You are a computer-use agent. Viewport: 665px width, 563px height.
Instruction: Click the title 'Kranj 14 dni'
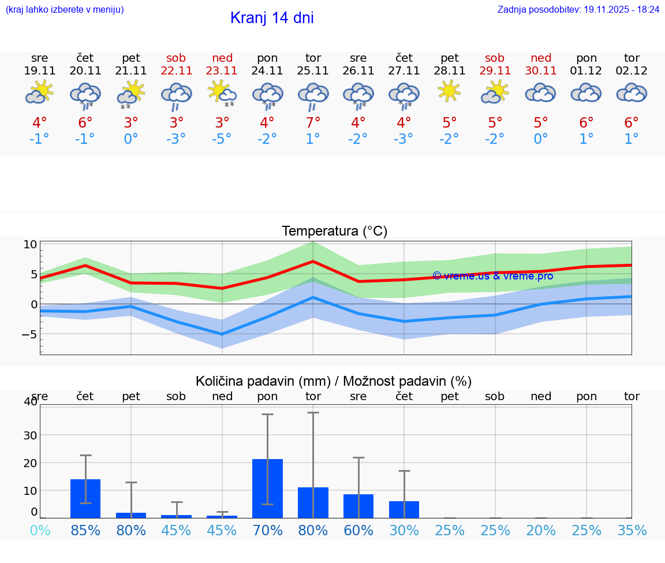272,18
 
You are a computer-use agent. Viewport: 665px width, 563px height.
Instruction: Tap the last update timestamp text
578,9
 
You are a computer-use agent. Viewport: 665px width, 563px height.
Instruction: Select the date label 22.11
176,71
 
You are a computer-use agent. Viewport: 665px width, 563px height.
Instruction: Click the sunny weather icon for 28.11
449,92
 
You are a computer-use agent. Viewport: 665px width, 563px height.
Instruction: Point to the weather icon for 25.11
313,95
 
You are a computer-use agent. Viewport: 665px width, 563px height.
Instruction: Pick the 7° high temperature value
313,123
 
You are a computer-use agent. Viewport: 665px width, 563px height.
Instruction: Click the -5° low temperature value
222,139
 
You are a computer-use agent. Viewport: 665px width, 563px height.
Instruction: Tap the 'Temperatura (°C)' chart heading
334,232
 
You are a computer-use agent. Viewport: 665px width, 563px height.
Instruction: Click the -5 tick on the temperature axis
29,334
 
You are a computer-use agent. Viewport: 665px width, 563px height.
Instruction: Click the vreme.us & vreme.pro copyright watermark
493,276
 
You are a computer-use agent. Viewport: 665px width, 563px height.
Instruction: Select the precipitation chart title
334,381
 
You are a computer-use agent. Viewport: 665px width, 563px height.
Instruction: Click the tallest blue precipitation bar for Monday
267,489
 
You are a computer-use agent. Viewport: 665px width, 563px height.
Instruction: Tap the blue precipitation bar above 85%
85,498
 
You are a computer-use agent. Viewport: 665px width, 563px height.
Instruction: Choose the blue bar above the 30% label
404,509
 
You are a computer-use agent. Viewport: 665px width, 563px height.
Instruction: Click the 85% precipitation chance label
85,530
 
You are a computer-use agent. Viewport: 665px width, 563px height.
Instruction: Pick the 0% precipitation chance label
40,530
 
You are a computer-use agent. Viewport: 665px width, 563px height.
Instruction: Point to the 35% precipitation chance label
632,530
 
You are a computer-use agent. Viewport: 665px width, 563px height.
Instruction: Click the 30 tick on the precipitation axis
29,435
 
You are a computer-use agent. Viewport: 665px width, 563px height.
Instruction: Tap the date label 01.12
586,71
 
